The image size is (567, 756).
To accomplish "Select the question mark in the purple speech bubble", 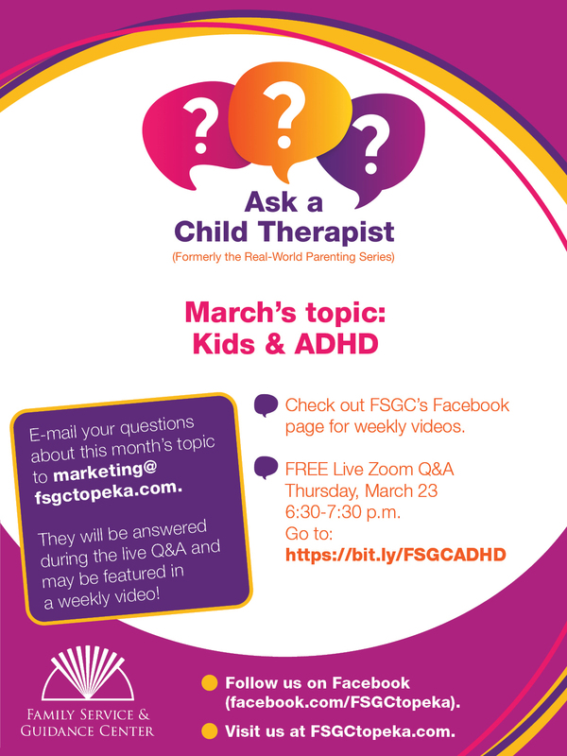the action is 370,146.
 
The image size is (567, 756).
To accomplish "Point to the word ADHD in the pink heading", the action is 336,344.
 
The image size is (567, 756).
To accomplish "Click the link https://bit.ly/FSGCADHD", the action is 395,555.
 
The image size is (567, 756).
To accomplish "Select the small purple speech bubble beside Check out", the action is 266,405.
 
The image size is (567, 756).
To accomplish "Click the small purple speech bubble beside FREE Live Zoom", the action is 266,468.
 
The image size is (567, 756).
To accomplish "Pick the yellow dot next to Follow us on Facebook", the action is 209,683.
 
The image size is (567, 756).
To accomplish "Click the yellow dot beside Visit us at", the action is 209,730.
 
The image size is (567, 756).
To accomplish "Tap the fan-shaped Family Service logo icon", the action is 88,673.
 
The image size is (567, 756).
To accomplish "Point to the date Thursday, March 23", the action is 361,490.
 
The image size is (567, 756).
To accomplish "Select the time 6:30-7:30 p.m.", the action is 343,512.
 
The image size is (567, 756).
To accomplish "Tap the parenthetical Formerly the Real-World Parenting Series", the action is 283,257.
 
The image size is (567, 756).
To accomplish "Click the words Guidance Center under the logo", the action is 87,730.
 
